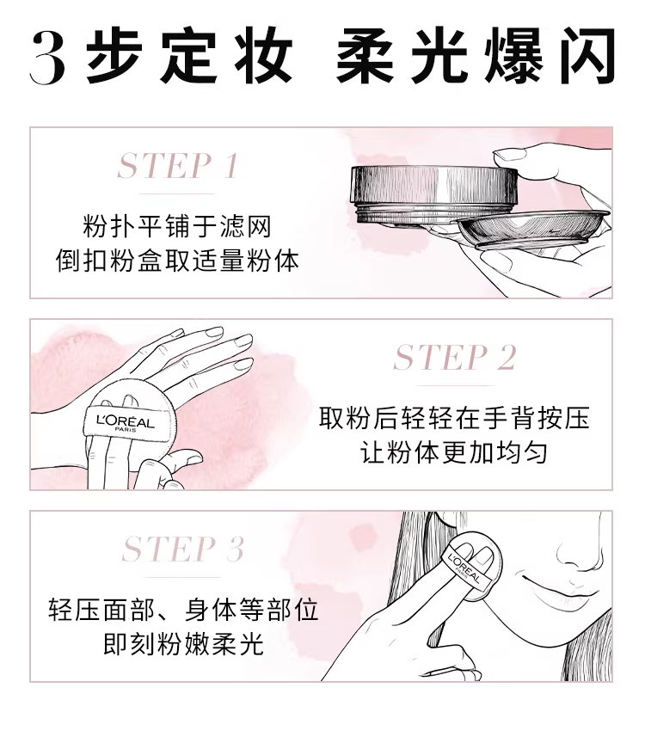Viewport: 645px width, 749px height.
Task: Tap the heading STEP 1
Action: (x=178, y=166)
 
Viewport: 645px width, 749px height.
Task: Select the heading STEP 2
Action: (x=455, y=358)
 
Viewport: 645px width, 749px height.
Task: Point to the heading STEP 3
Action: (x=183, y=549)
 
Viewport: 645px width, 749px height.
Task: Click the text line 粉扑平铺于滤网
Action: (x=177, y=226)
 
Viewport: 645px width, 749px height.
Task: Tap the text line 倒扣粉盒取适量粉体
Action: (x=177, y=261)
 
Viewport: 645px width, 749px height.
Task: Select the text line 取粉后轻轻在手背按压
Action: (x=454, y=418)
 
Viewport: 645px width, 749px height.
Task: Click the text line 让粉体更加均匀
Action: (x=454, y=452)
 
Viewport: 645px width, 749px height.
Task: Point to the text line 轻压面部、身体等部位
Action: (x=183, y=610)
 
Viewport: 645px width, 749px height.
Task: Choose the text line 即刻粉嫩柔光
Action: (x=183, y=644)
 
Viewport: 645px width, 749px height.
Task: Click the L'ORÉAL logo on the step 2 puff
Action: (x=126, y=423)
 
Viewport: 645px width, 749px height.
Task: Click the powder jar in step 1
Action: (x=433, y=195)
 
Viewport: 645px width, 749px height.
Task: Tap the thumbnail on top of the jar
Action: (x=509, y=154)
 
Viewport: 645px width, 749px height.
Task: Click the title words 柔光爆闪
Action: (x=476, y=57)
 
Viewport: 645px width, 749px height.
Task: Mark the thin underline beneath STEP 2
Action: (x=455, y=385)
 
